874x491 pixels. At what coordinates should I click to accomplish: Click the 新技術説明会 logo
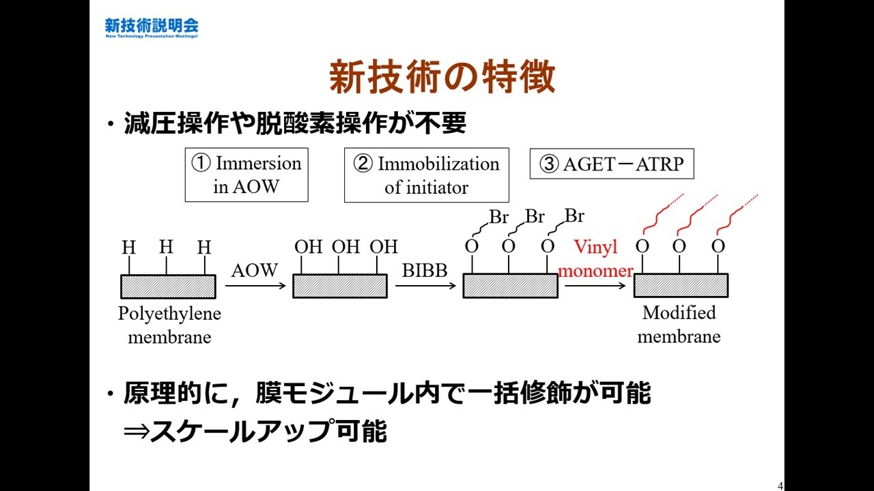pyautogui.click(x=152, y=27)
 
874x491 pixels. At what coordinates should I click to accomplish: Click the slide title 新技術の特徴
pyautogui.click(x=442, y=77)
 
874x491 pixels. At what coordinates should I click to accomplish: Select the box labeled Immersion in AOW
pyautogui.click(x=246, y=175)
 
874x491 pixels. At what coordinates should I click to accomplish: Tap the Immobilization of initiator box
pyautogui.click(x=426, y=175)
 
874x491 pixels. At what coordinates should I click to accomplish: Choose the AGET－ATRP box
pyautogui.click(x=611, y=164)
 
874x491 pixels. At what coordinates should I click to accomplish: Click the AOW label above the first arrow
pyautogui.click(x=254, y=270)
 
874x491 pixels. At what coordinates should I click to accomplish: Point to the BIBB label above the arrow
pyautogui.click(x=424, y=270)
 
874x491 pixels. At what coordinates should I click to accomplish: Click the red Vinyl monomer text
pyautogui.click(x=595, y=258)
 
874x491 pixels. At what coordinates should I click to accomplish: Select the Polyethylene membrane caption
pyautogui.click(x=169, y=325)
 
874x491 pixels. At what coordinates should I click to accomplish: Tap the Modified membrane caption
pyautogui.click(x=679, y=325)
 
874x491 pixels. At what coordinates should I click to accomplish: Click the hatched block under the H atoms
pyautogui.click(x=168, y=286)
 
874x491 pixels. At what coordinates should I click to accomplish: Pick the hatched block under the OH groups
pyautogui.click(x=340, y=286)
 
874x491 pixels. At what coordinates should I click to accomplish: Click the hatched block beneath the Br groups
pyautogui.click(x=510, y=286)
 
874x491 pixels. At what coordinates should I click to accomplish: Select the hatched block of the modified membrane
pyautogui.click(x=681, y=286)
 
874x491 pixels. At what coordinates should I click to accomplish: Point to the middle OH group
pyautogui.click(x=346, y=247)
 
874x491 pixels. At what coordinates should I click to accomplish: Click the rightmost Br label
pyautogui.click(x=574, y=216)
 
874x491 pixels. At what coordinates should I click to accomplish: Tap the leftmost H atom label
pyautogui.click(x=128, y=247)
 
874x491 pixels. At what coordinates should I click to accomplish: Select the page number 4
pyautogui.click(x=780, y=486)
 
